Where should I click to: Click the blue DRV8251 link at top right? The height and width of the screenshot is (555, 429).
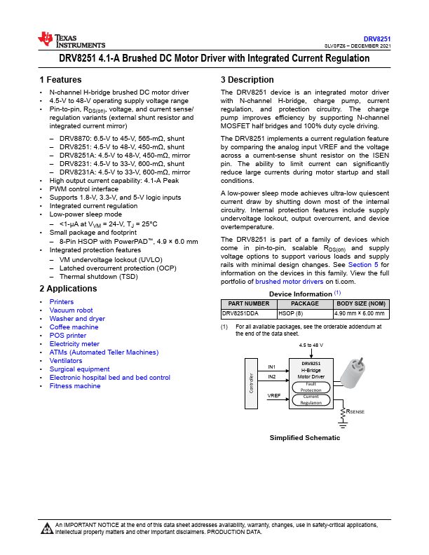pyautogui.click(x=376, y=39)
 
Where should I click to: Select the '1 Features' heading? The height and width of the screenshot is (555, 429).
pyautogui.click(x=60, y=80)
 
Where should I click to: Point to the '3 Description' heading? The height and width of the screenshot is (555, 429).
pyautogui.click(x=247, y=80)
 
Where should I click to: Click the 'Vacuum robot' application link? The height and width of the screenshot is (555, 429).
pyautogui.click(x=71, y=310)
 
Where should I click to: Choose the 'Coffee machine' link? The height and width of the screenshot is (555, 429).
pyautogui.click(x=74, y=327)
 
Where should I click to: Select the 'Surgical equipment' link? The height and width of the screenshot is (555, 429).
pyautogui.click(x=79, y=369)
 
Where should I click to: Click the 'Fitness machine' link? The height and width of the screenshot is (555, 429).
pyautogui.click(x=74, y=386)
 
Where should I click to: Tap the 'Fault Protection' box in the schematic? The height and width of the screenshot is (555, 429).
pyautogui.click(x=311, y=387)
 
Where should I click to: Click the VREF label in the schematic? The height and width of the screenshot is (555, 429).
pyautogui.click(x=273, y=396)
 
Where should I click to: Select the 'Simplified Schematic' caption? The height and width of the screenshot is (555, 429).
pyautogui.click(x=305, y=438)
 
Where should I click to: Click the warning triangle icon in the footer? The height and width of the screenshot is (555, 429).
pyautogui.click(x=47, y=528)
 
